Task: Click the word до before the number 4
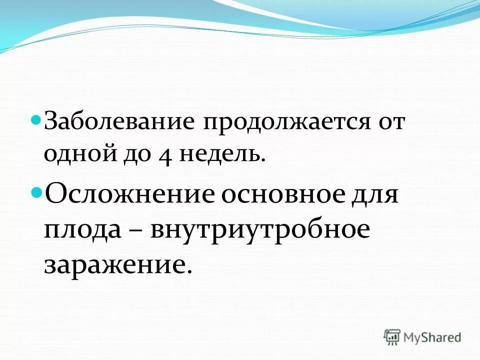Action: coord(132,154)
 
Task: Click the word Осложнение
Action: coord(128,194)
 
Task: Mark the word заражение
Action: coord(114,264)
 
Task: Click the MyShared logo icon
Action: coord(392,337)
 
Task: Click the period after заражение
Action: coord(189,270)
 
